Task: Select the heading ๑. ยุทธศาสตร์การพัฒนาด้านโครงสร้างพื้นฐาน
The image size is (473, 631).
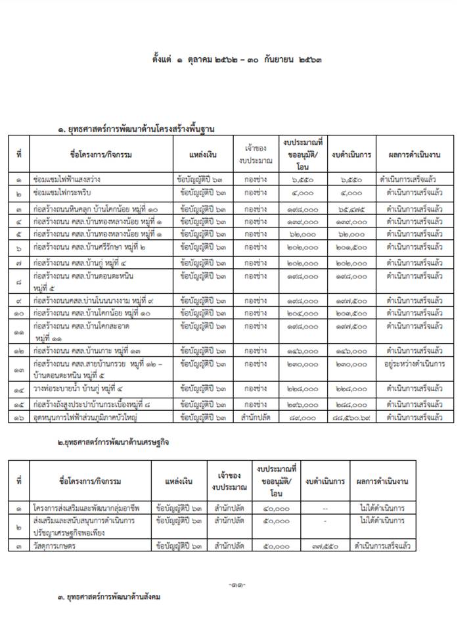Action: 145,129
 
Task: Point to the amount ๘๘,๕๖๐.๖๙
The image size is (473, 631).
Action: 352,417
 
